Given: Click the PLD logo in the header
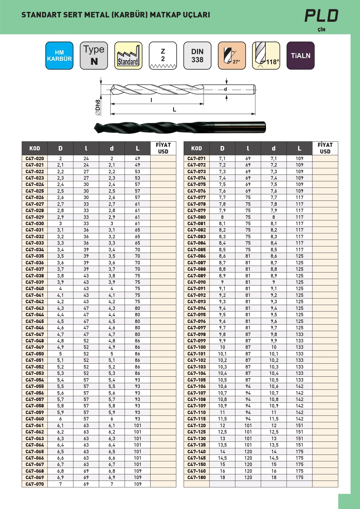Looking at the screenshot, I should coord(321,16).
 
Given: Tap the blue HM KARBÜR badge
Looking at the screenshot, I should coord(59,55).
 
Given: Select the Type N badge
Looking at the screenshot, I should coord(94,55).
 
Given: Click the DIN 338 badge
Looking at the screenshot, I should coord(197,55).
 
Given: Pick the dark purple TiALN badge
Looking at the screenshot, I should coord(301,55).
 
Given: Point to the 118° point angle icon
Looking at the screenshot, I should coord(266,55).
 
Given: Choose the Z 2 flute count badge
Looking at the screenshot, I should coord(163,55).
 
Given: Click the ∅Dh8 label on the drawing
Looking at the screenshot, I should coord(98,107).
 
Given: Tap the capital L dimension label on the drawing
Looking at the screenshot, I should coord(174,109).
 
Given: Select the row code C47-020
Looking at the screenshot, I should coord(35,158).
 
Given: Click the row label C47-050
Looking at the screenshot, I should coord(35,354).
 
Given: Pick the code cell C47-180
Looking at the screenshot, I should coord(197,477).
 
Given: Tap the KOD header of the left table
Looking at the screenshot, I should coord(35,148).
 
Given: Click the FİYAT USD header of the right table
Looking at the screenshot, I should coord(325,148).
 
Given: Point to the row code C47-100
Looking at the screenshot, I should coord(197,347).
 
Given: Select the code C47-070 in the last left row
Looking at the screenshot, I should coord(35,484).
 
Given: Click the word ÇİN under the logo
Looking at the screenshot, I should coord(321,30).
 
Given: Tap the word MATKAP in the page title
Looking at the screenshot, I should coord(165,15).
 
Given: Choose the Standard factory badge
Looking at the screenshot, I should coord(128,55).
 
